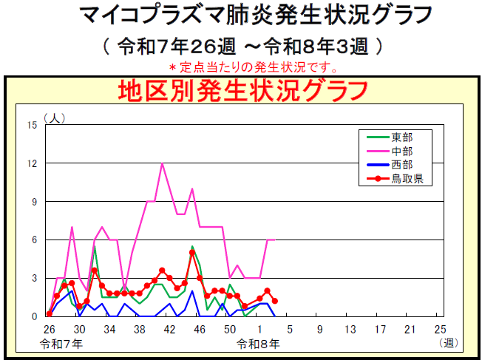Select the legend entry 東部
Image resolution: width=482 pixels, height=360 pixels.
[402, 137]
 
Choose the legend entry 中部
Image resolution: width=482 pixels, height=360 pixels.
[402, 151]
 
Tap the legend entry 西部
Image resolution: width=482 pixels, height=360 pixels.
[402, 164]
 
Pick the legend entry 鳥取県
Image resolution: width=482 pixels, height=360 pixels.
[407, 177]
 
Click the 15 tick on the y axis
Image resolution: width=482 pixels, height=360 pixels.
[32, 125]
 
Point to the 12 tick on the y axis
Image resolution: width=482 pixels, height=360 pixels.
[32, 163]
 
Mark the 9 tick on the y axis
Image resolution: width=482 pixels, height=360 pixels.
[34, 202]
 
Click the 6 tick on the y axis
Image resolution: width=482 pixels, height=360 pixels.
[34, 240]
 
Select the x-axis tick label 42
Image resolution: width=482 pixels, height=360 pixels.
[169, 329]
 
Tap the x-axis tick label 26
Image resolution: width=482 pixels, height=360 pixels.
[49, 329]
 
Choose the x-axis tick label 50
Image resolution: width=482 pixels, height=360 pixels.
[230, 329]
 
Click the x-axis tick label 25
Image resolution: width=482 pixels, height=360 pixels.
[441, 329]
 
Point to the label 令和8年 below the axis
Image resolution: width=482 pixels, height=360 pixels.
[259, 343]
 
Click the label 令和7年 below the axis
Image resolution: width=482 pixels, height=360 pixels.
[63, 343]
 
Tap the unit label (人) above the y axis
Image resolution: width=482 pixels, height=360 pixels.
[55, 118]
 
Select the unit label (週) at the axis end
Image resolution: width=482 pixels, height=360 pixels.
[448, 343]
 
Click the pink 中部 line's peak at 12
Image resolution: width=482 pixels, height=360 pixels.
[162, 163]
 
